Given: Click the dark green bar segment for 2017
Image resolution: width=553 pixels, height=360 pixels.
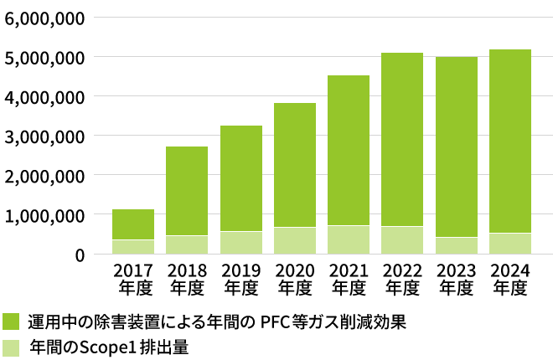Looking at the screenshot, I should click(133, 224).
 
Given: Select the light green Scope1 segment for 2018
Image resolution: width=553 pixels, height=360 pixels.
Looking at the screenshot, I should click(187, 244).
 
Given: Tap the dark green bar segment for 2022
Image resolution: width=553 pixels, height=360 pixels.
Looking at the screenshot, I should click(402, 139).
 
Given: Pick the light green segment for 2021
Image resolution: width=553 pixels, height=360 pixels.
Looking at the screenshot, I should click(349, 239).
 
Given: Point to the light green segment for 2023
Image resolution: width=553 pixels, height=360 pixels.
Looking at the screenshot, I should click(456, 245).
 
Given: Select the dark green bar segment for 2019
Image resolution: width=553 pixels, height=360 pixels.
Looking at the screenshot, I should click(241, 177).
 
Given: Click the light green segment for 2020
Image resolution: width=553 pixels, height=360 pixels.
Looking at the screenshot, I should click(295, 240).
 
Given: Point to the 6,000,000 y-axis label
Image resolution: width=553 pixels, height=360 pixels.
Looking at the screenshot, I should click(44, 18).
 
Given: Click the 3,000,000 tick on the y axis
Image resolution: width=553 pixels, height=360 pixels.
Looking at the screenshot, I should click(44, 136).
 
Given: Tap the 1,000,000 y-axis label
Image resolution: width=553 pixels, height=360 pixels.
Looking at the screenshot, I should click(44, 215).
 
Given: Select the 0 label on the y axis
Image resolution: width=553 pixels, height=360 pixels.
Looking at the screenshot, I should click(78, 255).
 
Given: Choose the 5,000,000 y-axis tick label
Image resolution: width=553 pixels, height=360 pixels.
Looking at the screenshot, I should click(44, 57).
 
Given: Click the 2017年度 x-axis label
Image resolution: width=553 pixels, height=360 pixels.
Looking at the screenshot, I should click(133, 279).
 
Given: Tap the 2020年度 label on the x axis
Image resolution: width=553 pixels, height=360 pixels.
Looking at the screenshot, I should click(295, 279).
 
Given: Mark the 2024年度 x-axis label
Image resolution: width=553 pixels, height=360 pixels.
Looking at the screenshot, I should click(509, 279).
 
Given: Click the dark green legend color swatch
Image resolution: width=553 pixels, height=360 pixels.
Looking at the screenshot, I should click(12, 322).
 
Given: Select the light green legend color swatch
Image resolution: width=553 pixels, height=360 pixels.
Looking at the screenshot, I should click(12, 347).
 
